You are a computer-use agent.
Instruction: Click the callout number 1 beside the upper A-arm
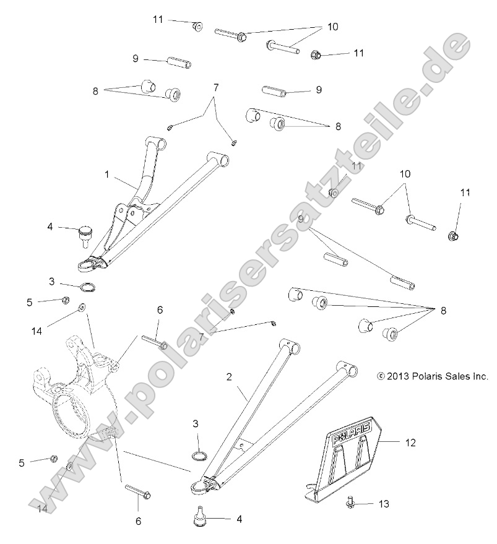(x=106, y=175)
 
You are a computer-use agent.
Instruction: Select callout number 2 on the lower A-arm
(x=230, y=376)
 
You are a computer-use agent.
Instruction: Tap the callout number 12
(x=410, y=443)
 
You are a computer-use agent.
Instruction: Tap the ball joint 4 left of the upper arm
(x=82, y=235)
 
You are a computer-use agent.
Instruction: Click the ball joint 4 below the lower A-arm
(x=200, y=517)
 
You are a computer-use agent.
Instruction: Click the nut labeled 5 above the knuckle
(x=64, y=301)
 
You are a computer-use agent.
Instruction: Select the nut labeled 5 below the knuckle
(x=54, y=459)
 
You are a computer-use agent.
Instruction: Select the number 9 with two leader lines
(x=301, y=218)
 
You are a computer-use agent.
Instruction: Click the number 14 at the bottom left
(x=42, y=509)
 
